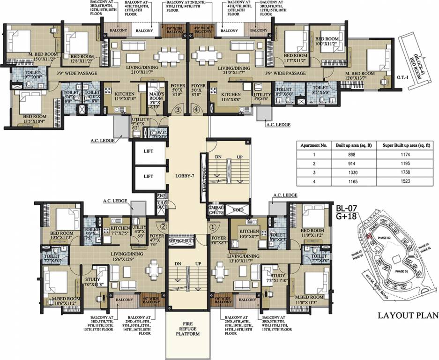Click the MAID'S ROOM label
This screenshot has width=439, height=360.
(155, 99)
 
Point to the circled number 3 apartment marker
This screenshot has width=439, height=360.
(178, 110)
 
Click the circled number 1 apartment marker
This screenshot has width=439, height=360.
(213, 225)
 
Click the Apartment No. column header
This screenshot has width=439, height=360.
(314, 146)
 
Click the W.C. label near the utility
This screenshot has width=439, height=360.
(155, 132)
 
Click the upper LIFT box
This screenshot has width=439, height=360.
(149, 152)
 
